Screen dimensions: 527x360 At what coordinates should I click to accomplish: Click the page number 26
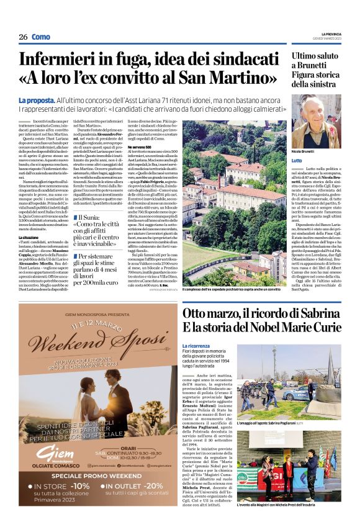click(x=23, y=37)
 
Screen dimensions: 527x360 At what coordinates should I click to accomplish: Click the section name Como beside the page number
click(x=42, y=37)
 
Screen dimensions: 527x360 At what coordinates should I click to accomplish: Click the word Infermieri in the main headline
click(x=69, y=60)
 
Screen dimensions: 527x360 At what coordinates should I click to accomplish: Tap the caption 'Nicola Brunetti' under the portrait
click(x=304, y=152)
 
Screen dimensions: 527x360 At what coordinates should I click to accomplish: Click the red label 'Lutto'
click(x=297, y=161)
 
